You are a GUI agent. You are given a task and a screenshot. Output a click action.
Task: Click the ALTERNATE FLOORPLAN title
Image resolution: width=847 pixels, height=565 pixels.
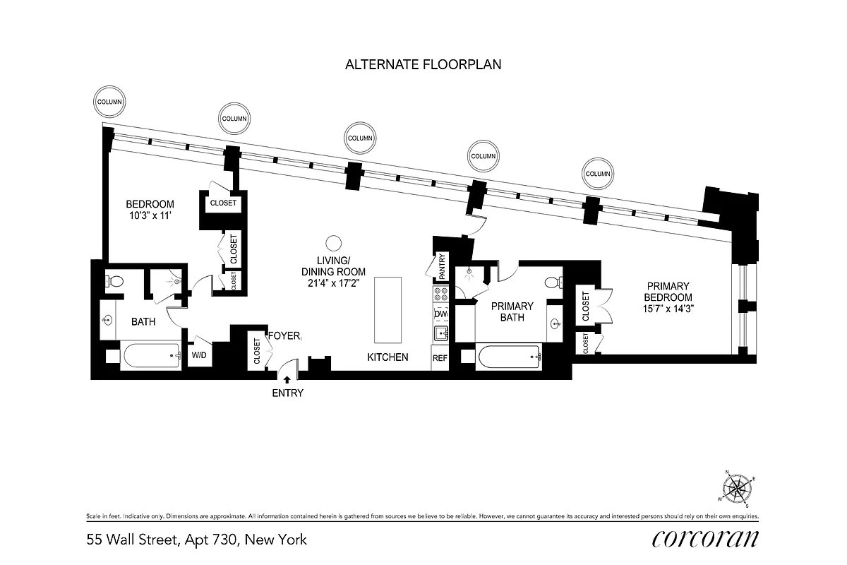tap(423, 64)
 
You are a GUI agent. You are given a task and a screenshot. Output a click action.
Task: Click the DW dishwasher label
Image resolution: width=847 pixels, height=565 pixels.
tap(441, 314)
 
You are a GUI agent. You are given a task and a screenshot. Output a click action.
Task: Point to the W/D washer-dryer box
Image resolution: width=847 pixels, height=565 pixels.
tap(199, 355)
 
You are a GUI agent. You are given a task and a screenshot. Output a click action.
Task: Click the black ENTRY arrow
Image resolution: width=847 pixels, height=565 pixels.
tap(287, 381)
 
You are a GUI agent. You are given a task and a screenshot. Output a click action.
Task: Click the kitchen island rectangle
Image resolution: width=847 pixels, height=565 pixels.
tap(387, 309)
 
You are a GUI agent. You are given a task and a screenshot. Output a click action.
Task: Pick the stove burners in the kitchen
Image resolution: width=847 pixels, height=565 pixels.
tap(441, 295)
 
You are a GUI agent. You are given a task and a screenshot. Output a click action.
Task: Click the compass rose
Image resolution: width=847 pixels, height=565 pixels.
tap(738, 487)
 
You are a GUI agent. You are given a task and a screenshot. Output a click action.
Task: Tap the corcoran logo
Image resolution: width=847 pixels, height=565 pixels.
tap(705, 539)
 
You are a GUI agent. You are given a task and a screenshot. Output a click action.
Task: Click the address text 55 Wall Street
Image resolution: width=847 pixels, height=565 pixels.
tap(131, 540)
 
